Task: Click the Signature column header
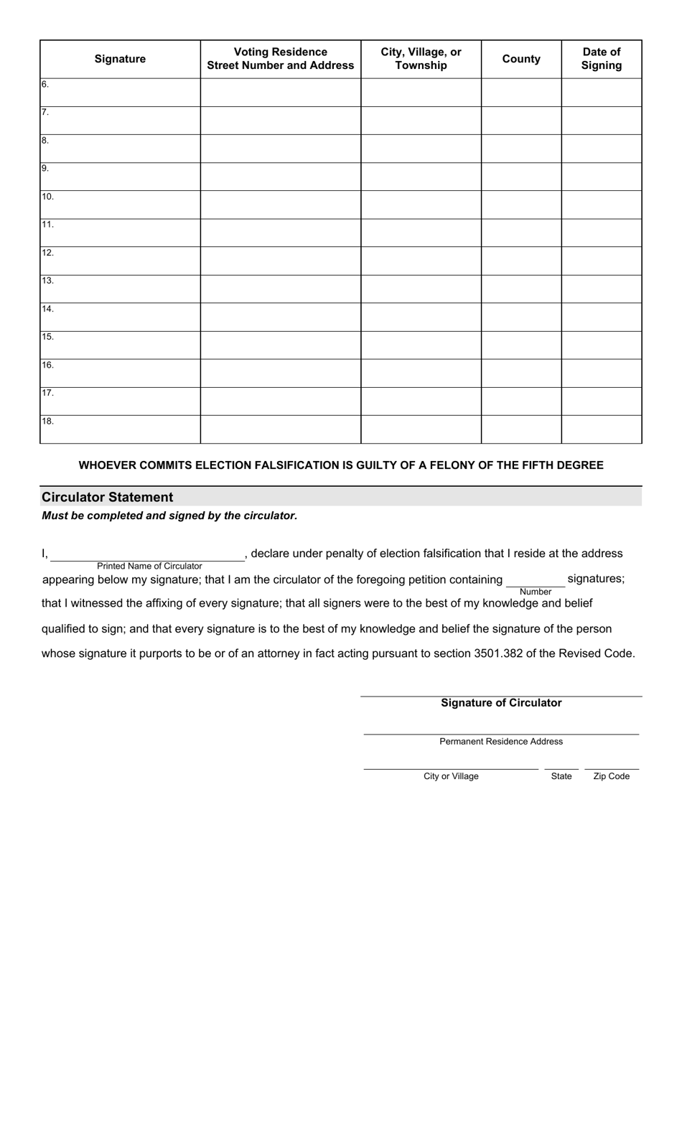(120, 59)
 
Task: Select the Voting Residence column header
(280, 59)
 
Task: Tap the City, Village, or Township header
(421, 59)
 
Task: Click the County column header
(521, 59)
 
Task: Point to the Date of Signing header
(601, 59)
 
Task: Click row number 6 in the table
(45, 85)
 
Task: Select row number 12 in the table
(47, 253)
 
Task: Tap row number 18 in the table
(47, 421)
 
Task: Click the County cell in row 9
(521, 177)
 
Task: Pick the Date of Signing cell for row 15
(601, 345)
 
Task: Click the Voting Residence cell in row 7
(280, 121)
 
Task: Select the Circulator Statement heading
(108, 497)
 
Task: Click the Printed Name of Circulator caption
(149, 566)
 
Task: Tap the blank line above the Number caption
(535, 582)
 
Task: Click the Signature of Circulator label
(501, 703)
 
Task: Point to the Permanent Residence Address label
(501, 742)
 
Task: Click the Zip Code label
(611, 776)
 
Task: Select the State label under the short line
(561, 776)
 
